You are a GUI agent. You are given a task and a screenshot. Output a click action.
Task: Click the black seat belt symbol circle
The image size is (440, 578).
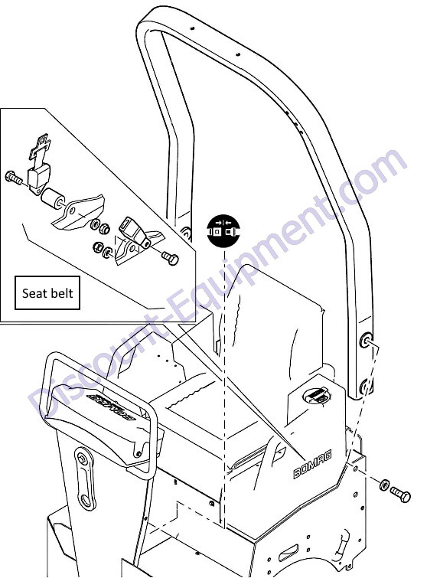click(223, 230)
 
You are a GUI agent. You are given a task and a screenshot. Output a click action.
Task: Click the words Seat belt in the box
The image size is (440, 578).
click(47, 293)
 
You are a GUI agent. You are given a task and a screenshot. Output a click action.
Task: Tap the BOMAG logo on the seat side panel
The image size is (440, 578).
click(312, 464)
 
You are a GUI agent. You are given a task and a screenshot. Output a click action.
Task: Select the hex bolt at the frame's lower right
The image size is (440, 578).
click(400, 495)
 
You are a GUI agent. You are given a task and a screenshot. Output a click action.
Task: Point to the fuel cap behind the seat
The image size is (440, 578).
click(316, 397)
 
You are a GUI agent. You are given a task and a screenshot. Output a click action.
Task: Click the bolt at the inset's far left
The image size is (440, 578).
click(13, 178)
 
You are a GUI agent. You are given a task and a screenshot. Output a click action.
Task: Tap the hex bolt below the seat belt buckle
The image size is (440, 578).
click(170, 256)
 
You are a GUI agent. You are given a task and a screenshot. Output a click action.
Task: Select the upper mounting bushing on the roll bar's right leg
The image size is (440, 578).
click(367, 340)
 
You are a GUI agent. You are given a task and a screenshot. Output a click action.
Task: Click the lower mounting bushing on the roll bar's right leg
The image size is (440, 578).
click(365, 386)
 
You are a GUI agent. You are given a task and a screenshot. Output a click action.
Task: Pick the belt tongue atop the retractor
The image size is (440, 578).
click(40, 149)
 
